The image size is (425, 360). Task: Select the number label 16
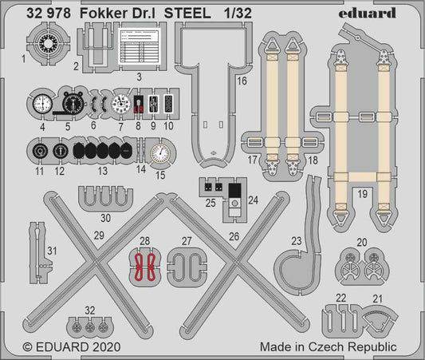(242, 81)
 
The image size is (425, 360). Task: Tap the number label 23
(296, 239)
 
